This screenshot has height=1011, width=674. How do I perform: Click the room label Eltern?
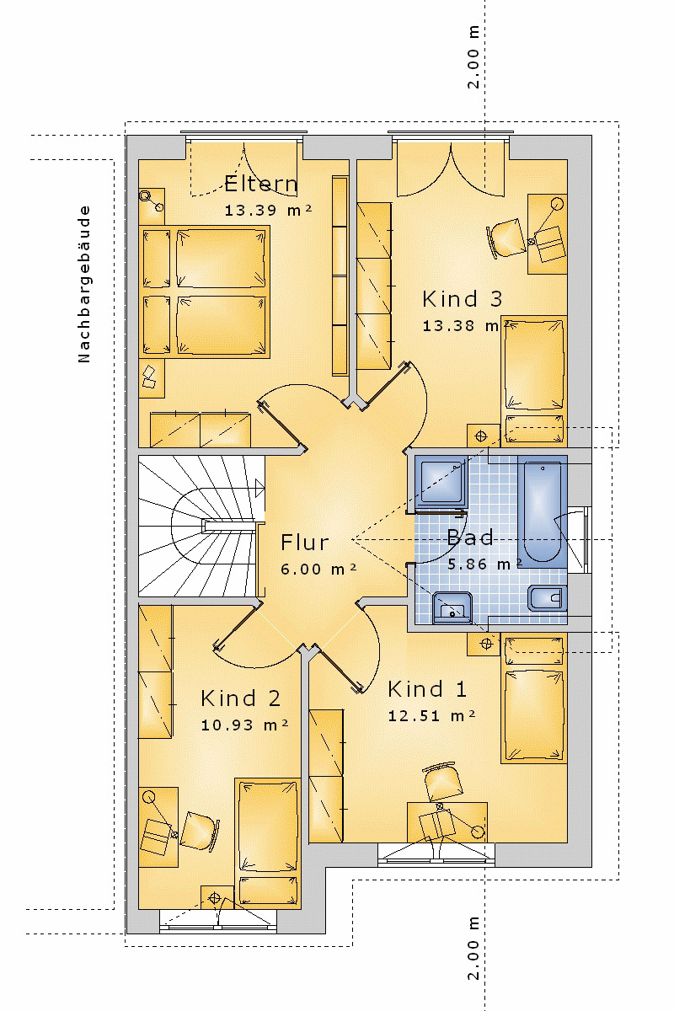tap(260, 184)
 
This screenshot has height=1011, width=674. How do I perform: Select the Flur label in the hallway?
tap(304, 543)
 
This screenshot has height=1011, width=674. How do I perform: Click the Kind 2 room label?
tap(240, 698)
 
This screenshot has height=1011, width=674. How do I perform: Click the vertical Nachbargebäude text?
tap(83, 283)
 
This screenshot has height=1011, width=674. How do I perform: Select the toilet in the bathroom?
tap(546, 599)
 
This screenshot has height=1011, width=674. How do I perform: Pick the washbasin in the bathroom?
tap(453, 607)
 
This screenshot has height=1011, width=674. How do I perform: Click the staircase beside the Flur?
tap(198, 527)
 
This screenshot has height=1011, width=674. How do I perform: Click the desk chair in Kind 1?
tap(443, 784)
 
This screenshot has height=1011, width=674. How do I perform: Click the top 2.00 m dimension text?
tap(474, 57)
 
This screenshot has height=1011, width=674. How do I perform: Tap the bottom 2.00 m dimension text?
tap(474, 960)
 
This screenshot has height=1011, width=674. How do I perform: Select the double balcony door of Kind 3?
tap(450, 168)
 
